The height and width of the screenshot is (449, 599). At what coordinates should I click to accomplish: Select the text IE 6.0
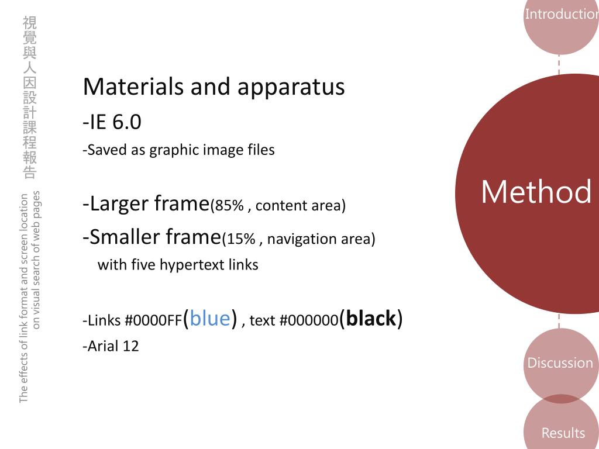point(115,123)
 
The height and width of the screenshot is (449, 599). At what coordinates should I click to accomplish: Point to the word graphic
point(174,151)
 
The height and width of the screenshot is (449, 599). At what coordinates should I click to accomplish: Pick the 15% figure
point(241,239)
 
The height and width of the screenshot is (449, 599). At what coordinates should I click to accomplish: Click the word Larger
point(120,204)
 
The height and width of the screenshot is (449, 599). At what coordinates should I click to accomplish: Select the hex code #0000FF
point(153,321)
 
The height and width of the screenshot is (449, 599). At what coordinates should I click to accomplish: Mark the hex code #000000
point(309,321)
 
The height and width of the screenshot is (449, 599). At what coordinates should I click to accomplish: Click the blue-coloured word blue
point(209,319)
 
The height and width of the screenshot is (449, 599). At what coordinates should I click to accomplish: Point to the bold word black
point(371,319)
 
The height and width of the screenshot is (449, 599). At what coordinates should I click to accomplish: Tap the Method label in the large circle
point(536,192)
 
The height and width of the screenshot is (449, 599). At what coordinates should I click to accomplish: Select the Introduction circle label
point(561,15)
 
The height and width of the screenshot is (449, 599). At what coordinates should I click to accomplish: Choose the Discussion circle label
point(560,363)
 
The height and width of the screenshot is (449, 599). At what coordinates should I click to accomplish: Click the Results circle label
point(563,433)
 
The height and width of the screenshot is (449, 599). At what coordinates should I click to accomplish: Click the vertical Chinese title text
point(30,97)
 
